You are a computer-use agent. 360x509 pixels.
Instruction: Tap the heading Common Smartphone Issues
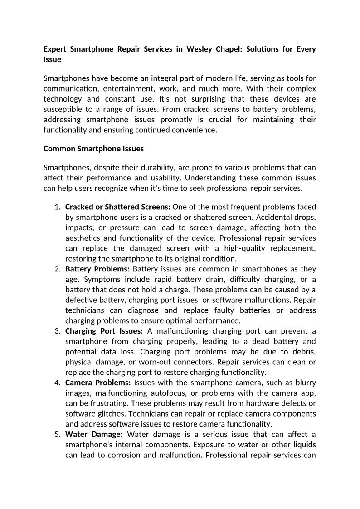click(x=93, y=149)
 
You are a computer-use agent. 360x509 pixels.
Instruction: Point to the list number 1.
click(x=58, y=207)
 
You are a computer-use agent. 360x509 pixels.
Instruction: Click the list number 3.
click(x=58, y=331)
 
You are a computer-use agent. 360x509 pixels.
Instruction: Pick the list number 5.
click(x=58, y=434)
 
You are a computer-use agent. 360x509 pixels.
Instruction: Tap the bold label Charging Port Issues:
click(x=104, y=331)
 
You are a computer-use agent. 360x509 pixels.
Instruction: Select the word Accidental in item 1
click(x=267, y=217)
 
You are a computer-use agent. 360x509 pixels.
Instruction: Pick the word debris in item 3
click(x=304, y=352)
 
